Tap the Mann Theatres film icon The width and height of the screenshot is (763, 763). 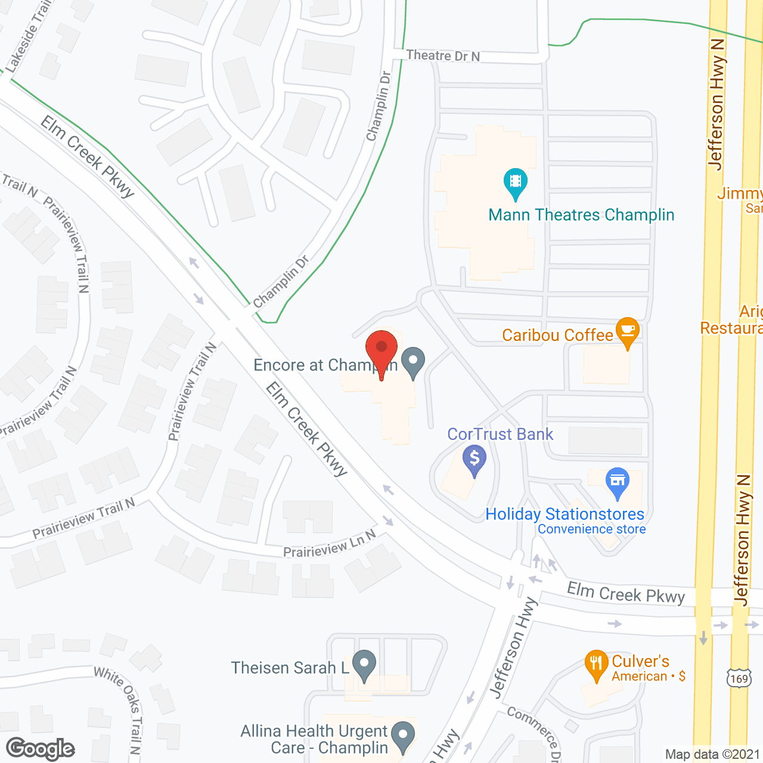(516, 182)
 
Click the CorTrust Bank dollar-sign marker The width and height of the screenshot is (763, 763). (474, 460)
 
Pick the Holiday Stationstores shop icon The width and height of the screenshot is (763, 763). (618, 482)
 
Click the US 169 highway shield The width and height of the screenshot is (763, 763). (738, 678)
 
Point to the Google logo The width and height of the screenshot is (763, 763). (41, 749)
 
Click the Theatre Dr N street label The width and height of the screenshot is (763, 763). (443, 55)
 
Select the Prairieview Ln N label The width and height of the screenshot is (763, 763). (330, 544)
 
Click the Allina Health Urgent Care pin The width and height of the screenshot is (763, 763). (404, 736)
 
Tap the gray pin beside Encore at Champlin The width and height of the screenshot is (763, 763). (412, 362)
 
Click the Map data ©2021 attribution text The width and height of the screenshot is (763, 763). (712, 755)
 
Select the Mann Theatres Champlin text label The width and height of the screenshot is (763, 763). (581, 215)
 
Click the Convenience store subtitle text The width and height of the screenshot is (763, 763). (591, 529)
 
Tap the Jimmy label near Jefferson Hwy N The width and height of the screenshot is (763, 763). (740, 194)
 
